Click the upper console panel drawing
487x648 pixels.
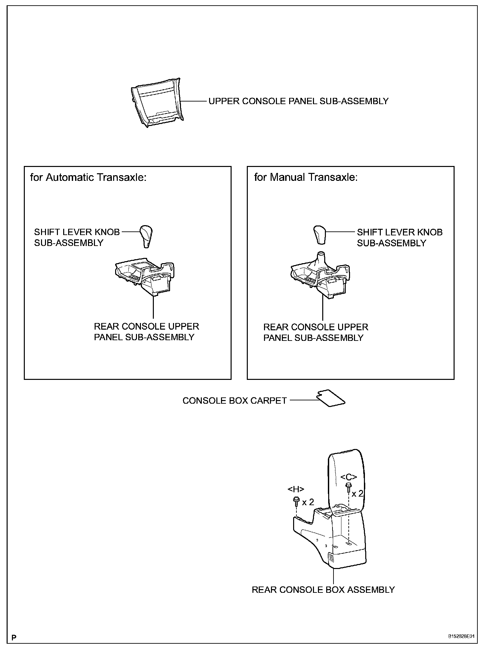157,102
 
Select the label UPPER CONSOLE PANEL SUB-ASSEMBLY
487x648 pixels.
298,101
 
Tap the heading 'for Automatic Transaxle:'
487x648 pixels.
88,178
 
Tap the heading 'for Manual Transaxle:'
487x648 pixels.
306,178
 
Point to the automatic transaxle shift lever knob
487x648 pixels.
147,236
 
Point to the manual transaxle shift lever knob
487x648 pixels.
320,234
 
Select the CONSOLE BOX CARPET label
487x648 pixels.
234,401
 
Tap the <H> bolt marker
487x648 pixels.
296,489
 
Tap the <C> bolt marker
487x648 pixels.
349,477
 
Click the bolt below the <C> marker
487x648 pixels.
348,487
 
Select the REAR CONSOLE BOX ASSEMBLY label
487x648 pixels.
323,599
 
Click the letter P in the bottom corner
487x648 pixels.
14,637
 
